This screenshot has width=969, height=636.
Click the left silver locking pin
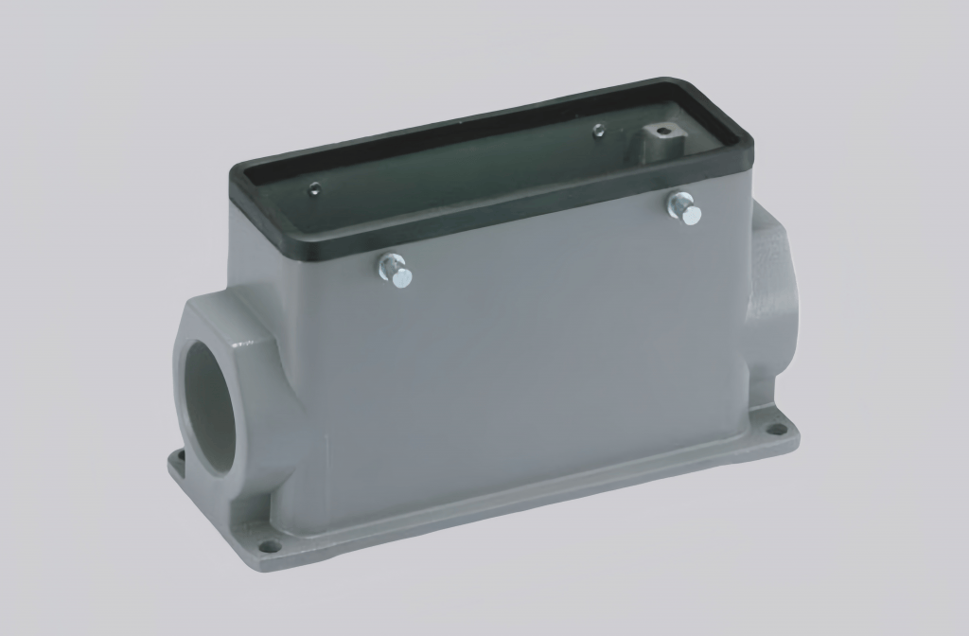pyautogui.click(x=396, y=272)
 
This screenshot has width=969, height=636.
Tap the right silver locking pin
pyautogui.click(x=683, y=208)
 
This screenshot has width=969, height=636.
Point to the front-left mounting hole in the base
pyautogui.click(x=269, y=545)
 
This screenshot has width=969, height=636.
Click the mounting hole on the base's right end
pyautogui.click(x=776, y=429)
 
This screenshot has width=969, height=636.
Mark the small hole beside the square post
pyautogui.click(x=598, y=131)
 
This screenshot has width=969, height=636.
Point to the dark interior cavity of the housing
pyautogui.click(x=454, y=175)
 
